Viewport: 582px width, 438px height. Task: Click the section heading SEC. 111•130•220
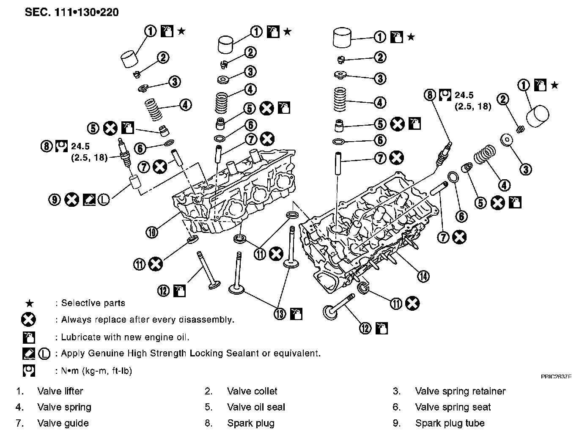(72, 12)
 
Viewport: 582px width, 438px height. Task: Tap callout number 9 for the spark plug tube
(55, 199)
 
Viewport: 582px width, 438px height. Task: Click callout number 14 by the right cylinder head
(423, 276)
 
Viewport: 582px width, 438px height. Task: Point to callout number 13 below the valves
(280, 314)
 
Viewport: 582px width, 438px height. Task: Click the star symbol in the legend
(29, 303)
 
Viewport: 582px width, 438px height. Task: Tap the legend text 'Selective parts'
(93, 303)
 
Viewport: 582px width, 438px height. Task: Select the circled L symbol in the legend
(44, 353)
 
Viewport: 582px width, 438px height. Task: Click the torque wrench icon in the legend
(29, 371)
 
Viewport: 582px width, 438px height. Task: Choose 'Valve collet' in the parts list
(252, 391)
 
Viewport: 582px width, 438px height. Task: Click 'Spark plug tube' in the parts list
(450, 423)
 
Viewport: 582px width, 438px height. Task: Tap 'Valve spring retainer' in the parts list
(460, 391)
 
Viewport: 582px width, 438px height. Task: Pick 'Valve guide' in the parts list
(63, 423)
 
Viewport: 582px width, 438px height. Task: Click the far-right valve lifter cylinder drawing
(538, 115)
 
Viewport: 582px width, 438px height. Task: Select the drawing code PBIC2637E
(556, 376)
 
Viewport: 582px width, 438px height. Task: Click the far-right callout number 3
(525, 170)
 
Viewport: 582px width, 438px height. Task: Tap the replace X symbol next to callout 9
(72, 199)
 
